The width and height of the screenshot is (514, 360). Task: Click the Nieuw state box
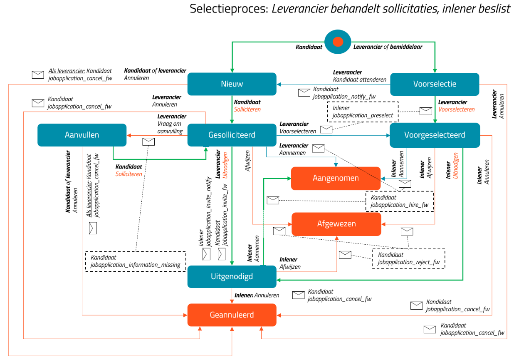click(232, 84)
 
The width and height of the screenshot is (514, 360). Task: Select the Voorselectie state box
click(435, 84)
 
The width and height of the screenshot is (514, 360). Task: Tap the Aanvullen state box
click(82, 135)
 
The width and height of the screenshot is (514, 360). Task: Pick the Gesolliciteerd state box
click(232, 135)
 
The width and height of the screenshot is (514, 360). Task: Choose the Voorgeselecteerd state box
click(435, 135)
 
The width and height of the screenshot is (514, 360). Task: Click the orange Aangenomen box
click(336, 179)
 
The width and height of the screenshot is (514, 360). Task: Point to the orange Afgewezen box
click(336, 224)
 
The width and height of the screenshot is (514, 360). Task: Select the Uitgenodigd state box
click(232, 277)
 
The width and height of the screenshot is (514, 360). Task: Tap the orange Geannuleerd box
click(232, 315)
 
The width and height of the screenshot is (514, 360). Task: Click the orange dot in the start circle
click(338, 42)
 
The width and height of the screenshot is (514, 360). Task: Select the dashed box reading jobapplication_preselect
click(363, 112)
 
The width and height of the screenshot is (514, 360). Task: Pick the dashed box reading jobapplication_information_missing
click(136, 261)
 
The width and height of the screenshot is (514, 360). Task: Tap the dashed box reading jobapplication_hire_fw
click(400, 201)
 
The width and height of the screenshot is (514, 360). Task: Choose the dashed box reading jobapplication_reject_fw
click(409, 259)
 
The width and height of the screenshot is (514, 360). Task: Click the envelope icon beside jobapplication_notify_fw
click(304, 92)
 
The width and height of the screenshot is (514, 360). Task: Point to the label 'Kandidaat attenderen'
click(360, 79)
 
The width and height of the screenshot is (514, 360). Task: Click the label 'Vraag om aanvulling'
click(170, 127)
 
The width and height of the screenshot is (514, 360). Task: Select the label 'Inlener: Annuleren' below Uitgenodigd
click(257, 295)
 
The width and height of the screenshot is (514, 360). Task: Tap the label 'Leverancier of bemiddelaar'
click(388, 47)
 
